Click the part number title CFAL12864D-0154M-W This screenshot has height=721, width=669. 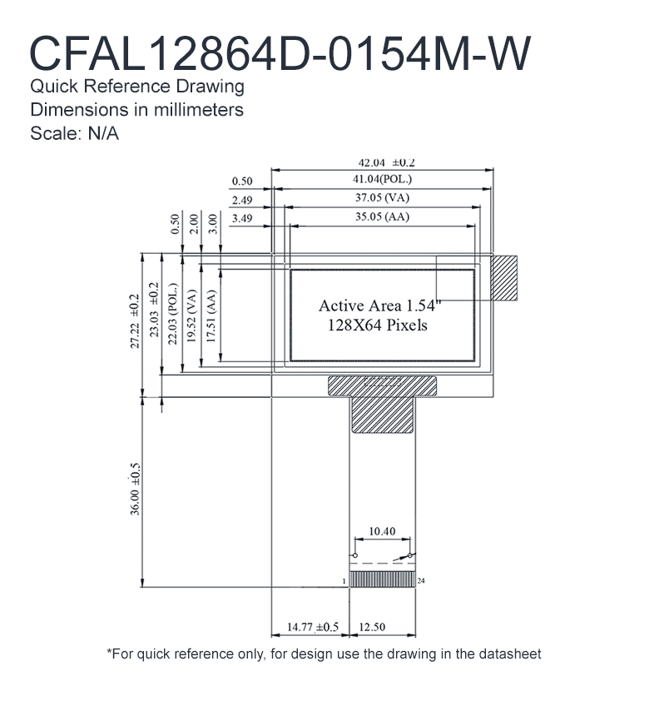[x=280, y=53]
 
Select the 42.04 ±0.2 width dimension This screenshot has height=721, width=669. [x=386, y=163]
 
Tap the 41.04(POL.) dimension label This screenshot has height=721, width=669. [x=382, y=179]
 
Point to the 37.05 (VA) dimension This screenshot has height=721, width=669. [x=382, y=197]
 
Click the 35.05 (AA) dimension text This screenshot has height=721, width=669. [x=382, y=216]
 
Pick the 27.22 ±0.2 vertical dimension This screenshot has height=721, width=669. [x=135, y=321]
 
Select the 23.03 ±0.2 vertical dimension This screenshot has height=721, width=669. [x=155, y=310]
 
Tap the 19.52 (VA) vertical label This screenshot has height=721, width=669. [x=192, y=316]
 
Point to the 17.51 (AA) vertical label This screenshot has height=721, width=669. [x=211, y=316]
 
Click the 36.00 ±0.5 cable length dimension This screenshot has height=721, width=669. [x=135, y=489]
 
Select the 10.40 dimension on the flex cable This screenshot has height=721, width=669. [x=382, y=531]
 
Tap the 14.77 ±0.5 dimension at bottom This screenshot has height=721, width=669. [x=313, y=627]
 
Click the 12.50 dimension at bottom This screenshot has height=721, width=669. [x=372, y=627]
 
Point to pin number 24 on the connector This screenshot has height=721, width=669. [x=421, y=581]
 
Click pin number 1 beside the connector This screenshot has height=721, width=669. [x=344, y=581]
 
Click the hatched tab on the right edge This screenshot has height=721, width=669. [x=504, y=278]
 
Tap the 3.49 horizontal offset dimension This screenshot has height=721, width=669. [x=242, y=218]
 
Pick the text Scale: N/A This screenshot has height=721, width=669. [x=74, y=134]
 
